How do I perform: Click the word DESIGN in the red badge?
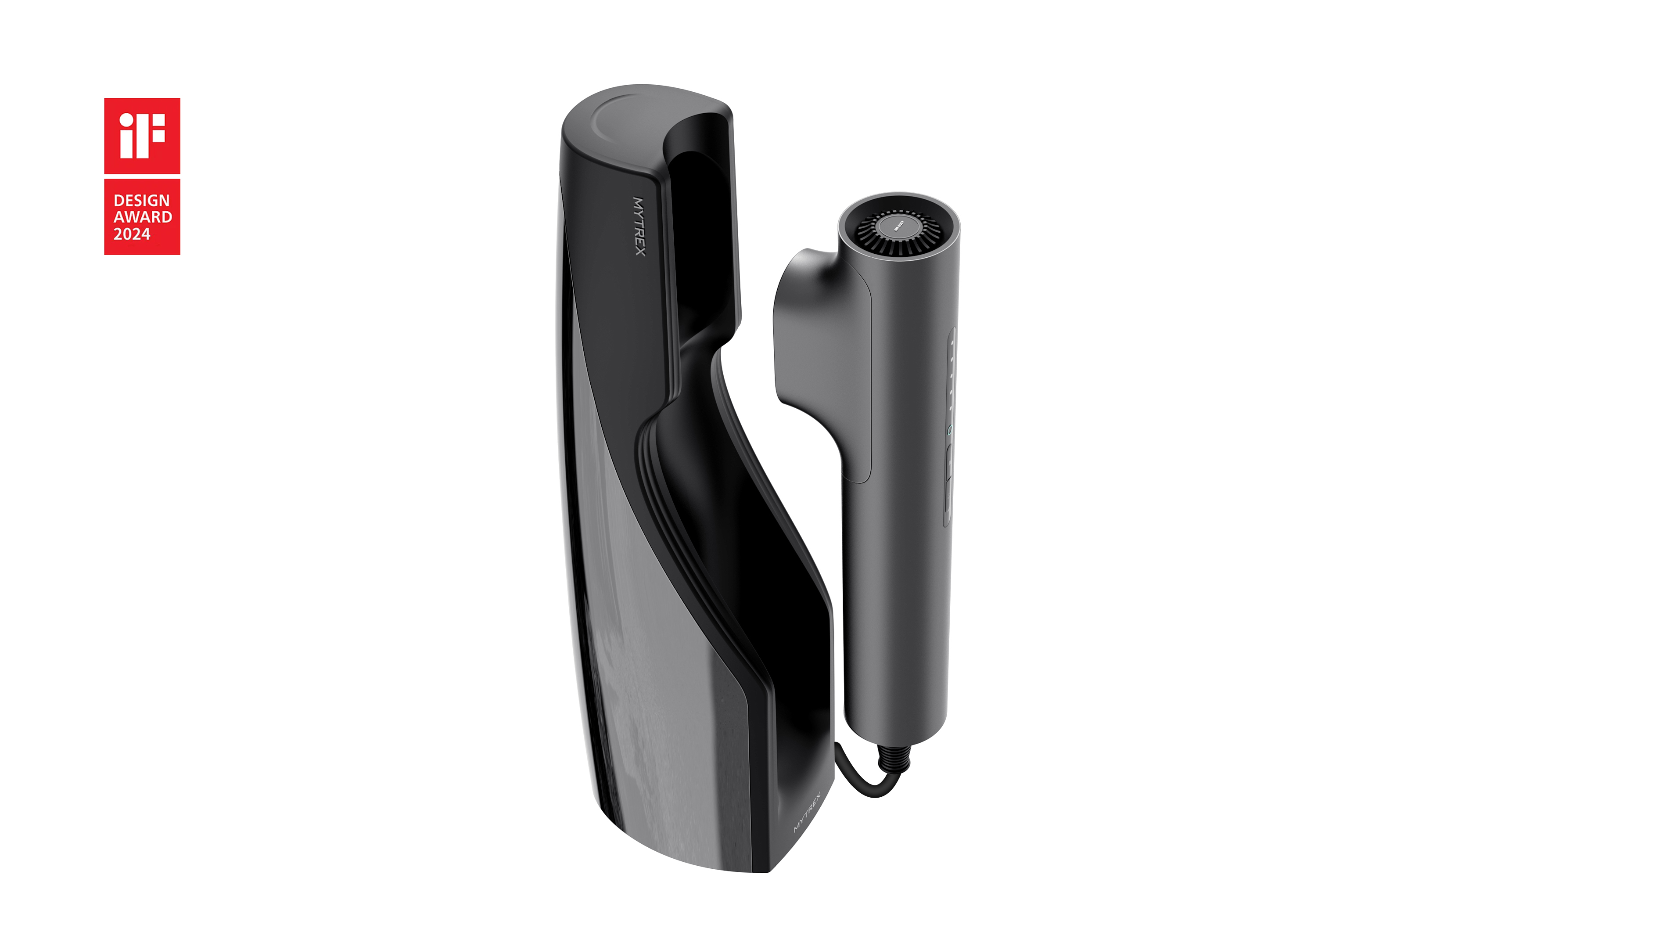point(142,200)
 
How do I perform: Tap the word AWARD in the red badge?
point(143,217)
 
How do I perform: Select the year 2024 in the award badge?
point(132,234)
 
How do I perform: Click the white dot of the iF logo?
point(127,120)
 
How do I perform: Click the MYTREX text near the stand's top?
point(639,226)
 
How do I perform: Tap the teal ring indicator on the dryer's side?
point(949,429)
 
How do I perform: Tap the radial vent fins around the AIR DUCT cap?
point(869,238)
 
